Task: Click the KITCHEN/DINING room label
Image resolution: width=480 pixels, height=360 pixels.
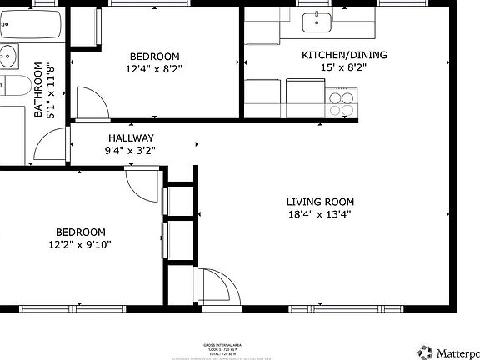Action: (x=332, y=56)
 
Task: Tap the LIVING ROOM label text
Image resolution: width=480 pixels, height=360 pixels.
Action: (x=320, y=202)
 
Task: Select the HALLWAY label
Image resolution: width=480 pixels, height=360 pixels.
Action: (x=130, y=138)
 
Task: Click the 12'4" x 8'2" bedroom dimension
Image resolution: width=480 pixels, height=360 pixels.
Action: (x=155, y=70)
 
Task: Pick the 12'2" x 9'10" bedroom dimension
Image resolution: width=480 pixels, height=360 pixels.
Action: (x=80, y=244)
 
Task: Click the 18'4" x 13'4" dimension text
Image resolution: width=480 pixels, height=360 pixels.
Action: (x=320, y=214)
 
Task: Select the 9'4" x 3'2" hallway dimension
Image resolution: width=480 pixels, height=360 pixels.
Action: (x=130, y=151)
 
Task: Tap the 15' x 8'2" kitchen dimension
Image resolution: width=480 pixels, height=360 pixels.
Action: (x=332, y=68)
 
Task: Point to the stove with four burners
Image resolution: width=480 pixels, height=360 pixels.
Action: (x=341, y=102)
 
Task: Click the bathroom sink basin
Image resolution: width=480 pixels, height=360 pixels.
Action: (x=8, y=57)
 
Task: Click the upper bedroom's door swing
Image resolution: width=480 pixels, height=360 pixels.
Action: (x=92, y=103)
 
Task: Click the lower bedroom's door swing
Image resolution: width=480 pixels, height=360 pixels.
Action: (x=142, y=179)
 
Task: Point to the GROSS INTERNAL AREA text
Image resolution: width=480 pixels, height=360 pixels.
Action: (x=222, y=343)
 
